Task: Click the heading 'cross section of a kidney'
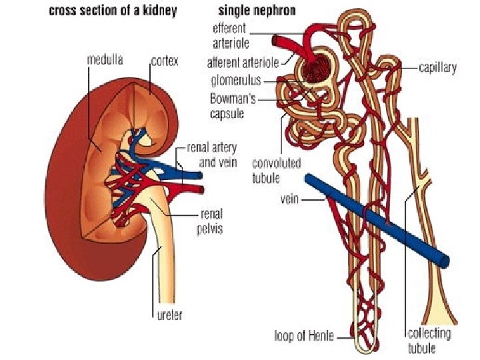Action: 112,12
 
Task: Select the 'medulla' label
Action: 105,59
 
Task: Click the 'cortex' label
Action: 165,59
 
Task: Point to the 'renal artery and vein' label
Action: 212,154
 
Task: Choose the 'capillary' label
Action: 439,68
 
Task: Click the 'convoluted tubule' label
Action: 276,170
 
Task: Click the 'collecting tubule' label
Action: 429,340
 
